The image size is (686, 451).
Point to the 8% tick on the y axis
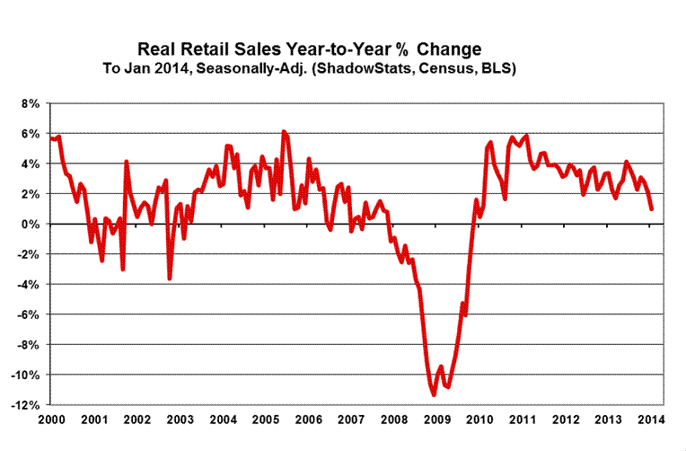click(29, 103)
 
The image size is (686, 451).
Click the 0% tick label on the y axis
click(29, 224)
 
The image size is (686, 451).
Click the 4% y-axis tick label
click(29, 164)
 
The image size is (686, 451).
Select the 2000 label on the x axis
click(51, 420)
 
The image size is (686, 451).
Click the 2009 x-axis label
click(438, 420)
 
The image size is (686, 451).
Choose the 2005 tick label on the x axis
click(266, 420)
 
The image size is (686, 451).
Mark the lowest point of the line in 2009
click(434, 394)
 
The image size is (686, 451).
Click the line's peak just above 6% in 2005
click(284, 132)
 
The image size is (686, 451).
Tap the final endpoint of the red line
click(651, 208)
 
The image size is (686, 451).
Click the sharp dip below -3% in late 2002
click(169, 279)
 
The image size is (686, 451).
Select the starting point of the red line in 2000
click(52, 137)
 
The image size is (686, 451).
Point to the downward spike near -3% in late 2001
click(122, 269)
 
